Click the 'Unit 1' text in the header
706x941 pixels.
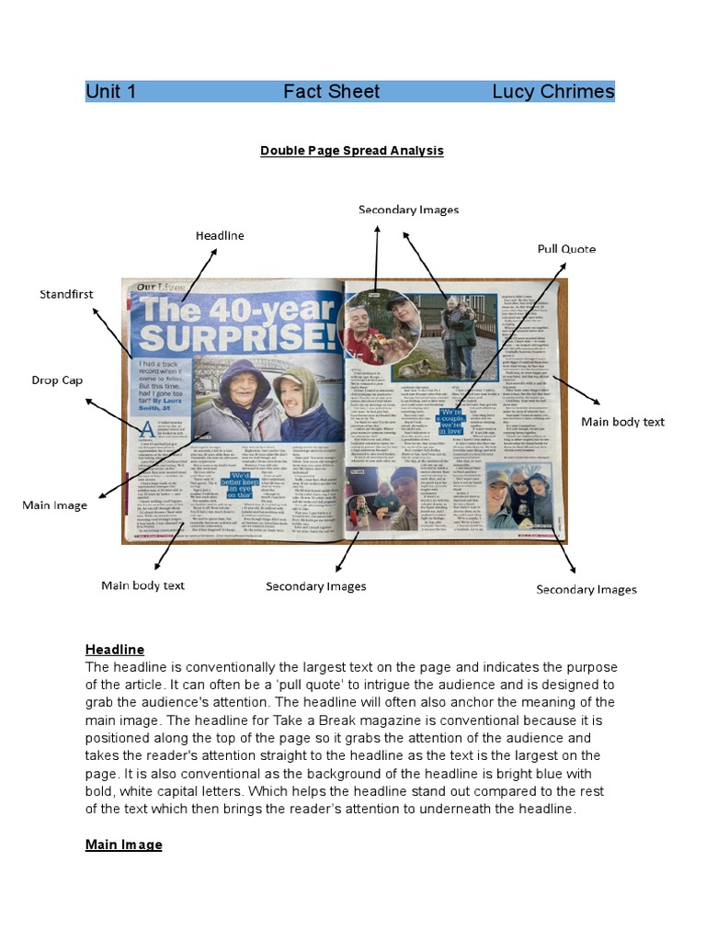111,91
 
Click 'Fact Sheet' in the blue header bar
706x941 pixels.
331,91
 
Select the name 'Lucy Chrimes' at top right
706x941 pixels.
552,91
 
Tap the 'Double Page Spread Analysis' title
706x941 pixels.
352,150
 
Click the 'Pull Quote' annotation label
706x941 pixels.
566,249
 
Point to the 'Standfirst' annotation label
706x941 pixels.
66,295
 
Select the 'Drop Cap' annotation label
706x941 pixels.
57,380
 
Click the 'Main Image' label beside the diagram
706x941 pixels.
54,505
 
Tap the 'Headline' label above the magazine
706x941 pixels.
220,235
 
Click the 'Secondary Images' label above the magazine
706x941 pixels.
408,210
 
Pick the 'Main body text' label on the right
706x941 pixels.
622,422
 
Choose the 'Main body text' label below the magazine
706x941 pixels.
142,585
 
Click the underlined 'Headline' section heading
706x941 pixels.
115,650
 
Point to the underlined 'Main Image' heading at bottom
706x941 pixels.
123,845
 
